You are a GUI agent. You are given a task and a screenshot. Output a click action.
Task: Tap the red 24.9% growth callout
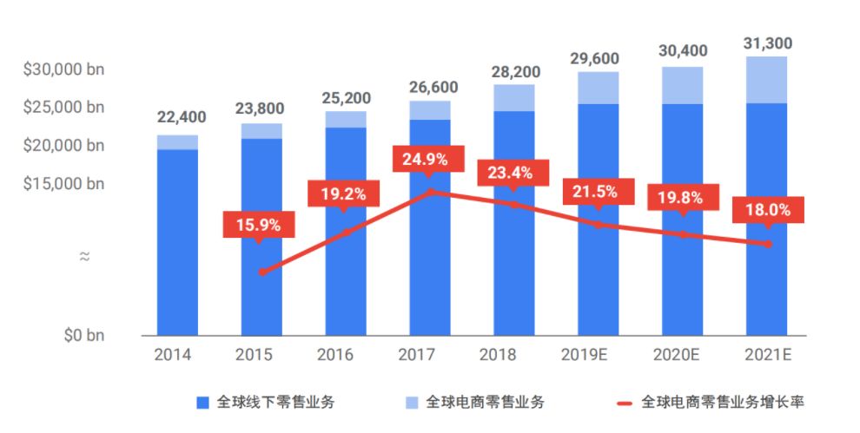[x=426, y=160]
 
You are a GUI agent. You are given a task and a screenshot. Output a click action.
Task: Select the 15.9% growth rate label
[x=258, y=225]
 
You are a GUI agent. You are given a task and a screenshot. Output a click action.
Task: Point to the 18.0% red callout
[x=767, y=209]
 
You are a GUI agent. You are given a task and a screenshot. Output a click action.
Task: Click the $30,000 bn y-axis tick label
[x=63, y=69]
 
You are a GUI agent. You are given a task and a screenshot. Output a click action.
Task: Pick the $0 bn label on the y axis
[x=85, y=335]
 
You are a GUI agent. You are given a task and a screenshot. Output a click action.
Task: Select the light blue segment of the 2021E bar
[x=767, y=80]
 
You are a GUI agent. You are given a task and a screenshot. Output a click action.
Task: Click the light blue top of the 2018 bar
[x=514, y=97]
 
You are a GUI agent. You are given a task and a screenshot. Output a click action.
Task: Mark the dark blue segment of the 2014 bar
[x=177, y=243]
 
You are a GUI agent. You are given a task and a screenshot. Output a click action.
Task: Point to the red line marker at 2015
[x=261, y=272]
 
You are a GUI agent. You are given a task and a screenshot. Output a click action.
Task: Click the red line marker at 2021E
[x=767, y=244]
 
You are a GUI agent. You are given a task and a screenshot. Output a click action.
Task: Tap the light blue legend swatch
[x=412, y=403]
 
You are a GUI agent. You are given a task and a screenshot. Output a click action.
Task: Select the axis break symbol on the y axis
[x=85, y=257]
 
